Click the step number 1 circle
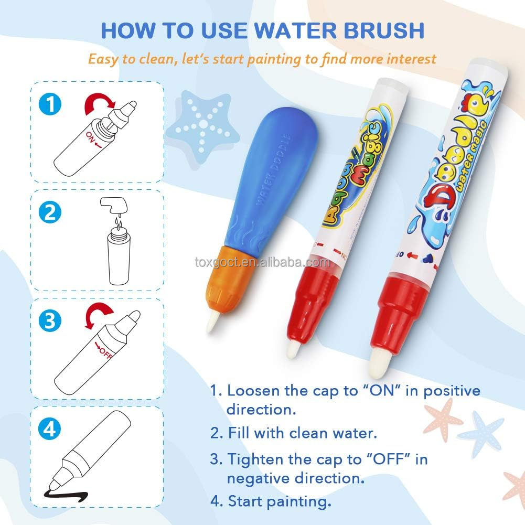click(x=50, y=103)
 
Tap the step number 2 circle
click(x=50, y=212)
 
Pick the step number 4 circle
click(x=50, y=430)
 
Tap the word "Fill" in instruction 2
click(x=240, y=434)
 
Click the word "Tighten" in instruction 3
click(x=254, y=459)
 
